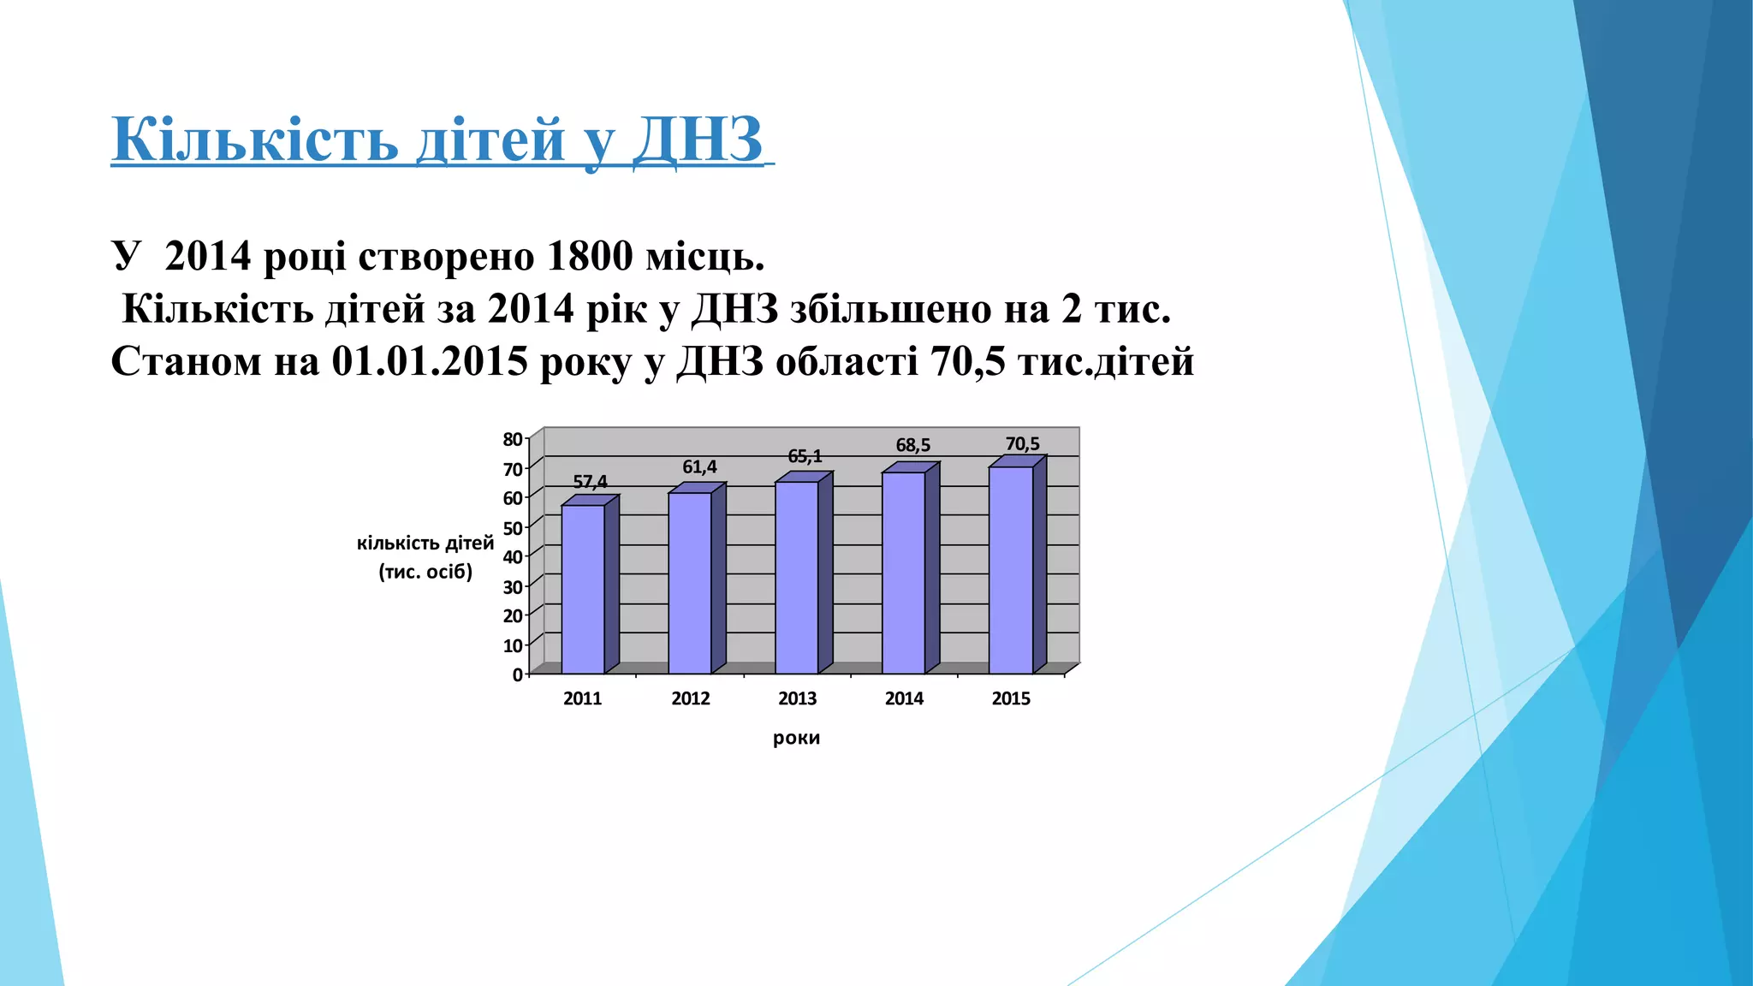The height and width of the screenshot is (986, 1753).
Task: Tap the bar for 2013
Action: (797, 577)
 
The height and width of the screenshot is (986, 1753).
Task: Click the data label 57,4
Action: (590, 482)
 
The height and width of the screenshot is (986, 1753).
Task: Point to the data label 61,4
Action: (699, 467)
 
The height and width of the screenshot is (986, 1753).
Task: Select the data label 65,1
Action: (805, 456)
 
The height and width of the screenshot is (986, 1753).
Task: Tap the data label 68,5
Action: (912, 445)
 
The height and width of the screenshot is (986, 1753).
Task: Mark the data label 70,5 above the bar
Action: (1022, 443)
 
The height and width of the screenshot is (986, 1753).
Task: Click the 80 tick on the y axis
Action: (513, 440)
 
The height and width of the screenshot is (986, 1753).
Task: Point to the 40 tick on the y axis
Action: (513, 556)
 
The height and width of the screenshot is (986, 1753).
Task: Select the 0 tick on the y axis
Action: (517, 674)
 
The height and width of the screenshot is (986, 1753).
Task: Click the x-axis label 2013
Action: (797, 698)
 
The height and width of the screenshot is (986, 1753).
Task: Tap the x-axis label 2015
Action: (1011, 698)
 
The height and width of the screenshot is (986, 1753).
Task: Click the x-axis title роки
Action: (796, 738)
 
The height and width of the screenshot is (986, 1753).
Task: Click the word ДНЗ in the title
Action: (697, 139)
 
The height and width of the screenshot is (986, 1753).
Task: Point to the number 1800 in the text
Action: (588, 256)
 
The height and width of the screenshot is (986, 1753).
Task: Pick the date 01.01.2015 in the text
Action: (430, 361)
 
